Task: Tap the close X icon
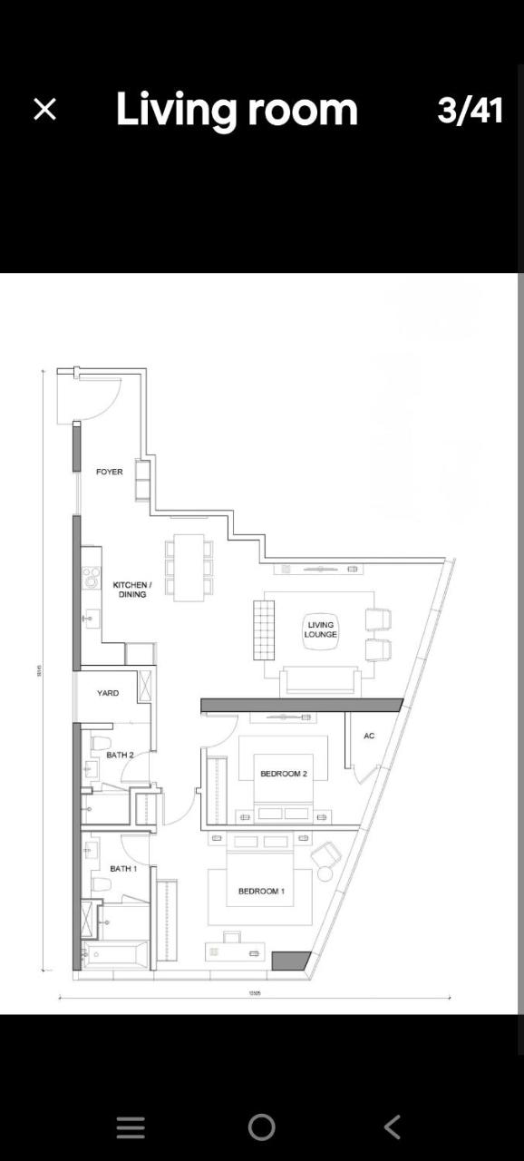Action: [x=44, y=110]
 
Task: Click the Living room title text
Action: [x=237, y=110]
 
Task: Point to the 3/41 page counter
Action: [x=470, y=110]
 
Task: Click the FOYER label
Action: [x=110, y=472]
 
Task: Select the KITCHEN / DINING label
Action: [x=132, y=590]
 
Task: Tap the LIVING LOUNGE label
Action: [x=321, y=629]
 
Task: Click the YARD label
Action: [x=108, y=693]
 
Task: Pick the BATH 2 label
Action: [x=120, y=755]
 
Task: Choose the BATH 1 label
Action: [x=123, y=869]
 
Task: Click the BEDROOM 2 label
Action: [x=284, y=774]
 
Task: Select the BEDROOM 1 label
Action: [x=261, y=892]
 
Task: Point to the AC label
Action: [x=369, y=736]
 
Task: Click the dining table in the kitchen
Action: [x=189, y=567]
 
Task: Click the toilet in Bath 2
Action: [x=101, y=744]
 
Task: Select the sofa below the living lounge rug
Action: [x=319, y=681]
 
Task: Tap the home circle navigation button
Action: [x=262, y=1127]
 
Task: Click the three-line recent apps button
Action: [x=131, y=1127]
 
